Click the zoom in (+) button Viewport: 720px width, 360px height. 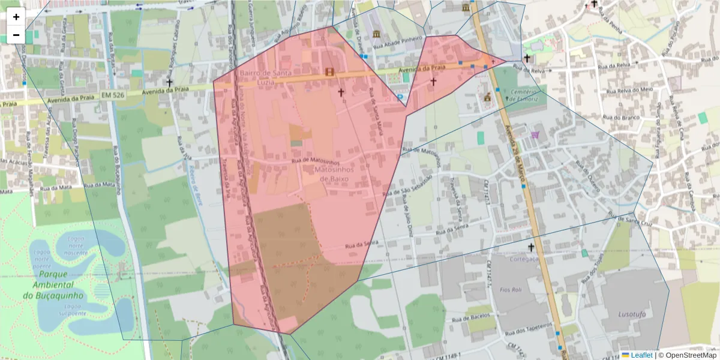[16, 17]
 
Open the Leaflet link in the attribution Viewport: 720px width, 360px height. [641, 355]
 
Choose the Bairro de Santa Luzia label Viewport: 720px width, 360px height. [265, 77]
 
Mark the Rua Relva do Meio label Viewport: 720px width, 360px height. [629, 90]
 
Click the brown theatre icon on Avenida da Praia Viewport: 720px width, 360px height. [329, 72]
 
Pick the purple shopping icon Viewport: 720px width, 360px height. [535, 136]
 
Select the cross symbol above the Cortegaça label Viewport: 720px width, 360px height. [530, 247]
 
